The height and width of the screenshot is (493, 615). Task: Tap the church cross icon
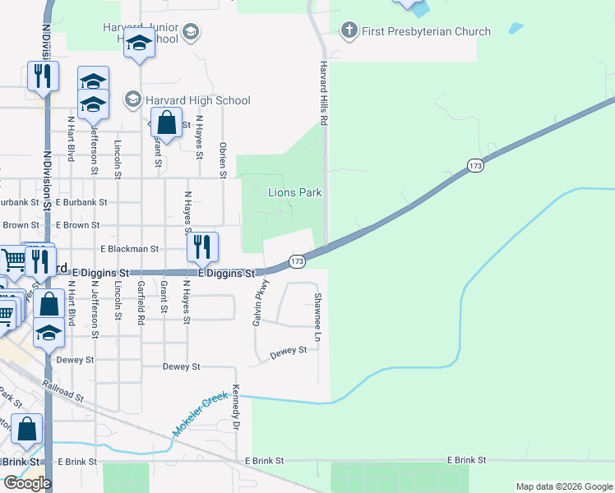click(349, 31)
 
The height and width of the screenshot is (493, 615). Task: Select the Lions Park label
click(295, 193)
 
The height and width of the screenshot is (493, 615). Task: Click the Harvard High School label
click(197, 100)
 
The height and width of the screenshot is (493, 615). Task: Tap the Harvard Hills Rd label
click(324, 93)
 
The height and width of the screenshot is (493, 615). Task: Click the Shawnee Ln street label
click(317, 317)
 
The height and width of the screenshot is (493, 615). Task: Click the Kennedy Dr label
click(236, 408)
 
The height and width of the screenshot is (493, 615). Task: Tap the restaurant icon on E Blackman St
click(201, 246)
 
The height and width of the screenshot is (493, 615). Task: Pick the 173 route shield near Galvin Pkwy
click(298, 261)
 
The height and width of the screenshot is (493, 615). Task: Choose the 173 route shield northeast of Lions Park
click(476, 166)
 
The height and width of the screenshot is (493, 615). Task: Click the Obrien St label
click(223, 159)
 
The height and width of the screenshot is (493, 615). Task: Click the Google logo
click(26, 483)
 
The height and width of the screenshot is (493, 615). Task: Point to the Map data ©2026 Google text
click(563, 486)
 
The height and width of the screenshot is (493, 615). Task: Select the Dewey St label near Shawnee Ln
click(289, 350)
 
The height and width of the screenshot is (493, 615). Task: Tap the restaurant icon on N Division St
click(41, 76)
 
